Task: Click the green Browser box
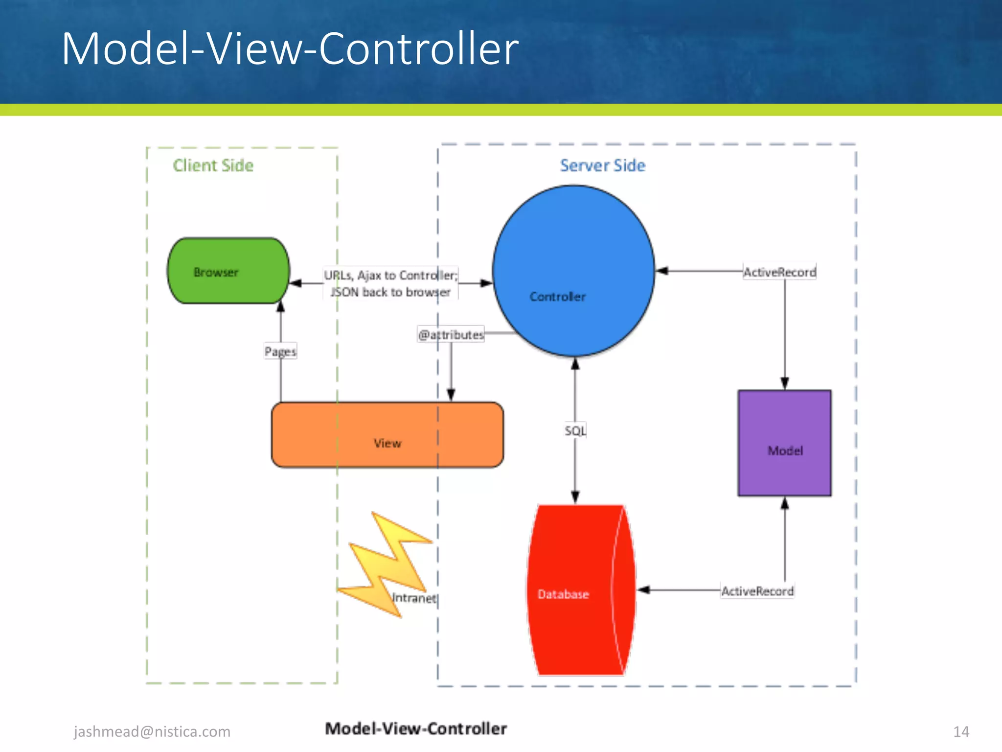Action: pyautogui.click(x=228, y=271)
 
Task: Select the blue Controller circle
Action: pyautogui.click(x=573, y=271)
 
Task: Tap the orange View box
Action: pyautogui.click(x=387, y=435)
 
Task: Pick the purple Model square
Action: pyautogui.click(x=784, y=443)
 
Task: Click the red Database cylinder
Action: pyautogui.click(x=580, y=590)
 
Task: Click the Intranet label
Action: pyautogui.click(x=414, y=598)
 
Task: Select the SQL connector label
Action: pyautogui.click(x=575, y=431)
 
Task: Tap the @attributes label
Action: pyautogui.click(x=451, y=335)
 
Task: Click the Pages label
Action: pyautogui.click(x=280, y=351)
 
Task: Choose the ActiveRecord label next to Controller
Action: pyautogui.click(x=779, y=272)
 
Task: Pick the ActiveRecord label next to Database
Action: pyautogui.click(x=757, y=591)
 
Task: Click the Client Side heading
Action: pyautogui.click(x=213, y=165)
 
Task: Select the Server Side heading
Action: pyautogui.click(x=602, y=165)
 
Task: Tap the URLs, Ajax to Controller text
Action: pyautogui.click(x=390, y=276)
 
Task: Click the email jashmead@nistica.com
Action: pyautogui.click(x=152, y=731)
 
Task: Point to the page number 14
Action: pyautogui.click(x=961, y=731)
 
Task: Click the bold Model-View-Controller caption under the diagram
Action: pyautogui.click(x=416, y=728)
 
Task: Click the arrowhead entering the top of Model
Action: pyautogui.click(x=785, y=383)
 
